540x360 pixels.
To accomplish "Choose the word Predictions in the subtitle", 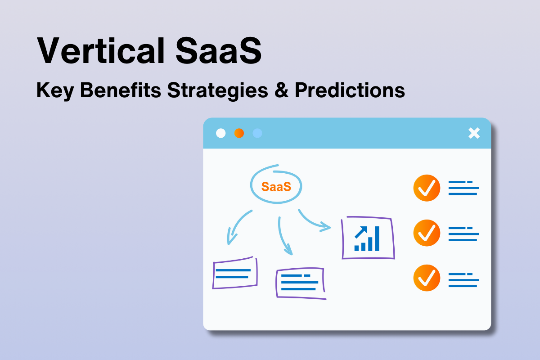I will (350, 90).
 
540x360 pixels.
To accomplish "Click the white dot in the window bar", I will (221, 133).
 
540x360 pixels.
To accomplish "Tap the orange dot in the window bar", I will (239, 133).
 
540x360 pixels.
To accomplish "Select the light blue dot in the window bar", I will (257, 133).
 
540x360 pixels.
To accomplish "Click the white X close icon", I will (474, 133).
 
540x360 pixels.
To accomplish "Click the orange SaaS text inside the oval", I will (276, 186).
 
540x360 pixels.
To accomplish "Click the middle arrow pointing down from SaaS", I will (284, 236).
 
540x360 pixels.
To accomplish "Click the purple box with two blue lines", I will (234, 273).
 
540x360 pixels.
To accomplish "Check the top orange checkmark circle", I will (426, 188).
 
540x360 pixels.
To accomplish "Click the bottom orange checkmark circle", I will (426, 278).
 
